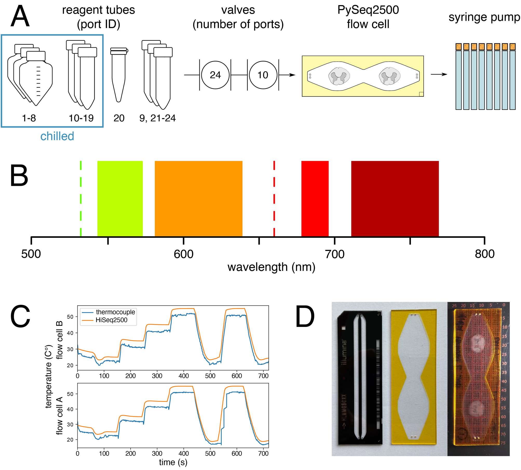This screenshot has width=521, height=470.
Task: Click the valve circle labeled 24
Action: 215,75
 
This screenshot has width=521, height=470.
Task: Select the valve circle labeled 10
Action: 263,75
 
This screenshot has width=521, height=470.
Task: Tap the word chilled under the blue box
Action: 57,136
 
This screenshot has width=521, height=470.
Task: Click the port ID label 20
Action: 119,118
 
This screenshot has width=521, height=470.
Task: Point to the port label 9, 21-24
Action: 158,118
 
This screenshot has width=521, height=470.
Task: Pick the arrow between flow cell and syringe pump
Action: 439,74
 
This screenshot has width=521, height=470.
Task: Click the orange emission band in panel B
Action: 198,198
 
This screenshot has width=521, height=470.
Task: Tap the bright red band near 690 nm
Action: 315,198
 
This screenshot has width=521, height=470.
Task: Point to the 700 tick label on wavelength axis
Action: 335,254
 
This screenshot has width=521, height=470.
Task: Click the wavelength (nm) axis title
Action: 271,267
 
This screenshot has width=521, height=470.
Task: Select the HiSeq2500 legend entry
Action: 111,320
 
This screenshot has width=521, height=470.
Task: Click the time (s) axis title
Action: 173,462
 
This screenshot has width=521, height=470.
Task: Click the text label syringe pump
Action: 484,17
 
